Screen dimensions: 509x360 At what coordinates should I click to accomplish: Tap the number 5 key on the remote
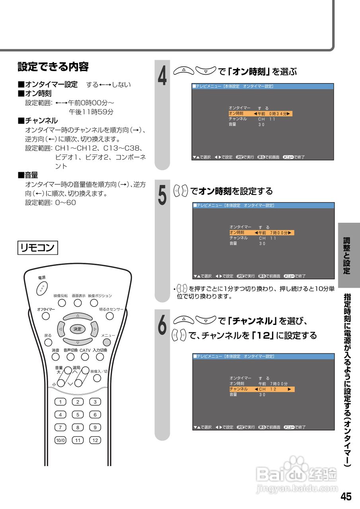click(78, 414)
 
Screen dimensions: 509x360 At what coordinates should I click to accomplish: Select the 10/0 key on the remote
click(60, 440)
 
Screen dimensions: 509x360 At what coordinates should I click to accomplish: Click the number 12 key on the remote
click(95, 440)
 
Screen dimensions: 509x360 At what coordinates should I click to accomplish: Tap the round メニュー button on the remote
click(107, 342)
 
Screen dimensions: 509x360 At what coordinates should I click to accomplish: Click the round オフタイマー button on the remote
click(46, 316)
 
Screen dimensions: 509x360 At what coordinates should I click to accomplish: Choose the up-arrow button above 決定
click(78, 316)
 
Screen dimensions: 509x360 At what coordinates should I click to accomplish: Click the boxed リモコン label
click(38, 247)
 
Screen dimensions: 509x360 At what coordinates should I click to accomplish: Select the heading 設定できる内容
click(53, 67)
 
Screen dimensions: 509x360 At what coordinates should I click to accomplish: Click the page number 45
click(346, 497)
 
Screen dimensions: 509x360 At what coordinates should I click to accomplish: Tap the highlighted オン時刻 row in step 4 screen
click(260, 114)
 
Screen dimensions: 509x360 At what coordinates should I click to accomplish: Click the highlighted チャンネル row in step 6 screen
click(261, 389)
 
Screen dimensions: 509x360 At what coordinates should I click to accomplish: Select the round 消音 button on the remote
click(55, 357)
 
